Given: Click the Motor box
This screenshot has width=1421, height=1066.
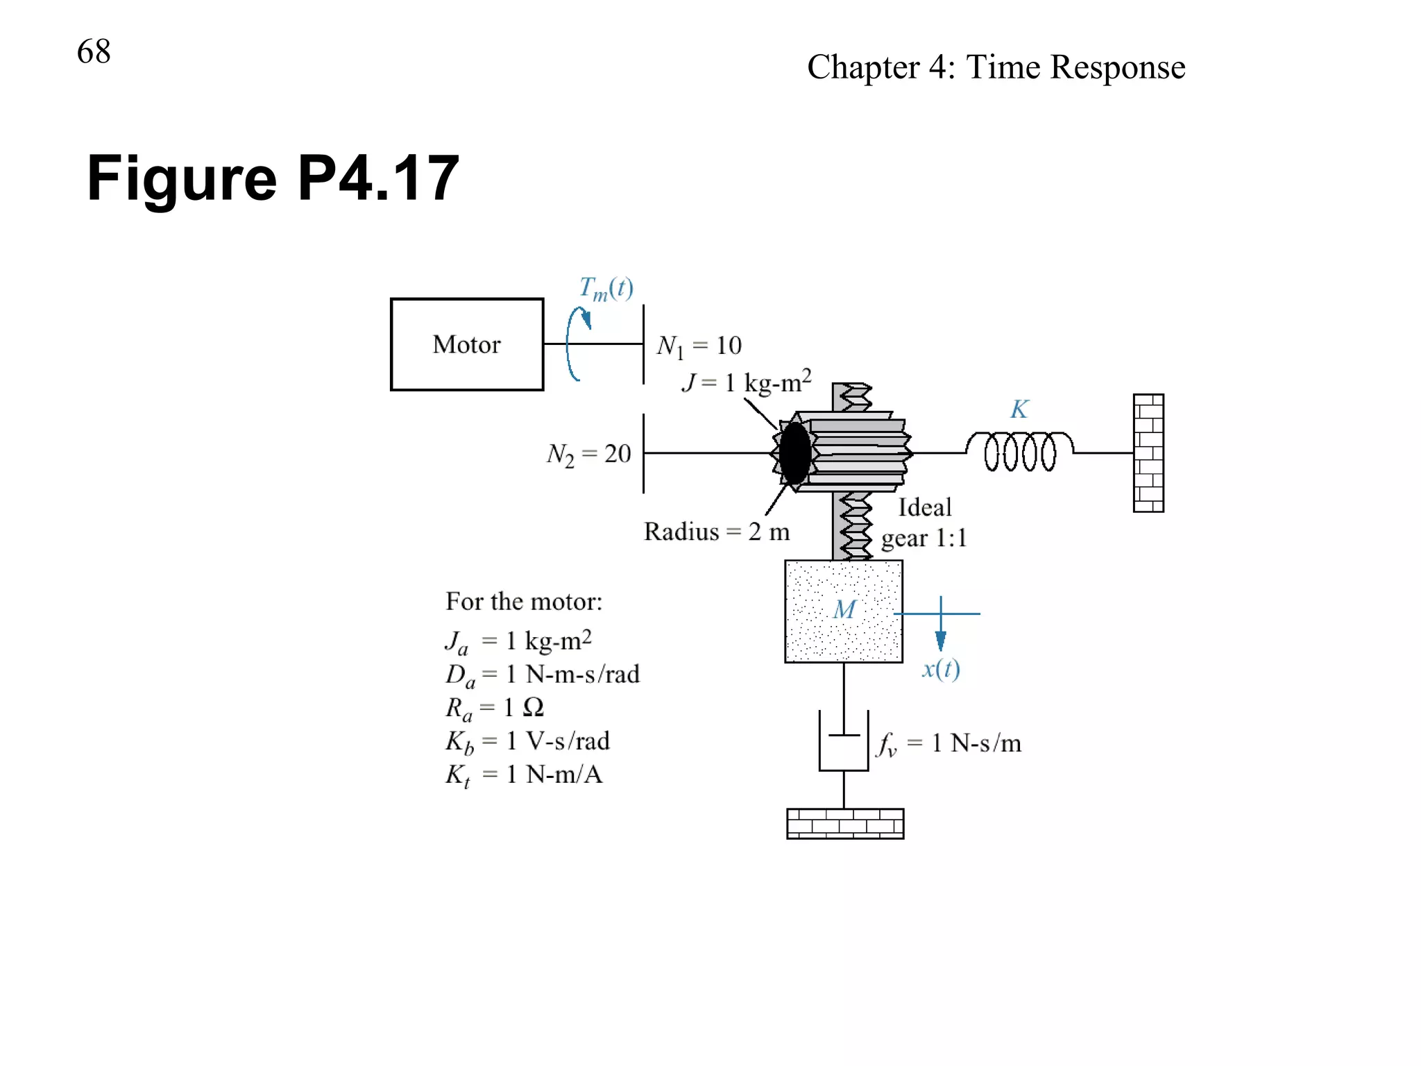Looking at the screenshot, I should pos(466,344).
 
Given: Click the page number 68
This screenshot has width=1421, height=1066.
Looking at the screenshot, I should pos(94,52).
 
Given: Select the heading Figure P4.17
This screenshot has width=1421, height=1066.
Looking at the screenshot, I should pos(273,178).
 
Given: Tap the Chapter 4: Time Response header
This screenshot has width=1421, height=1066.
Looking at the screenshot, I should pos(996,67).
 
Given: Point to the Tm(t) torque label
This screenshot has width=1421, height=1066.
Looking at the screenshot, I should pos(606,288).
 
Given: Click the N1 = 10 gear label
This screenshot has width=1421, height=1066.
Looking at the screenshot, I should pos(699,346).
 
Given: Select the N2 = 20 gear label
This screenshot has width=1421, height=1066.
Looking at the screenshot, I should pos(588,455).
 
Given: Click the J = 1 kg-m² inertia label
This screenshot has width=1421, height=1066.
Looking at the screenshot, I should pos(746,382).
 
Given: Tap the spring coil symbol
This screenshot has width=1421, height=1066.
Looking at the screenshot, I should pos(1020,451).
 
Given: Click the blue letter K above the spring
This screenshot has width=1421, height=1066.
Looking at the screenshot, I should pos(1019,409).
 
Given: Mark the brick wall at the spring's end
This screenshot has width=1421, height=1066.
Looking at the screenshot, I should pos(1148,452).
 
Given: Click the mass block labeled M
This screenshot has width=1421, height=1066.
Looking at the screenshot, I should pos(844,611).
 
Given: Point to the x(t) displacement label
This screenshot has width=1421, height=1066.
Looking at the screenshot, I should pos(941,669).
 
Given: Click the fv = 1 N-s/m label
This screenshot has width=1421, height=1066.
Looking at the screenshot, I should pos(949,744).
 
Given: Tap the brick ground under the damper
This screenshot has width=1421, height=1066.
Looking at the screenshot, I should pos(845,824).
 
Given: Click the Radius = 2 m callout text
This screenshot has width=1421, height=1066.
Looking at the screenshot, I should pos(717,532).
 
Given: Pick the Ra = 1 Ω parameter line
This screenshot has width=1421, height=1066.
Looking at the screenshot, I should pos(494,708).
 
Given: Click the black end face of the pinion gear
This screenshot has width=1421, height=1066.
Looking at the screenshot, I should pos(794,453).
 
